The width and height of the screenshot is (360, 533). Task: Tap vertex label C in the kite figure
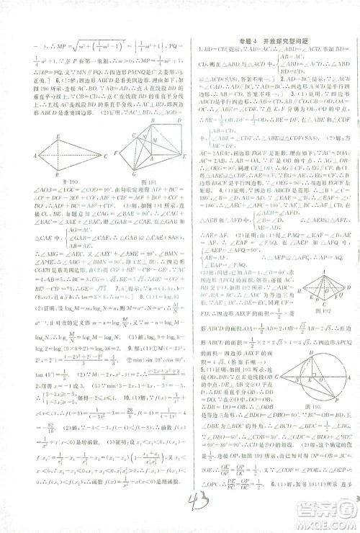(105, 156)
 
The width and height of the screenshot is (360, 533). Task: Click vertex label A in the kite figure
(35, 156)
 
